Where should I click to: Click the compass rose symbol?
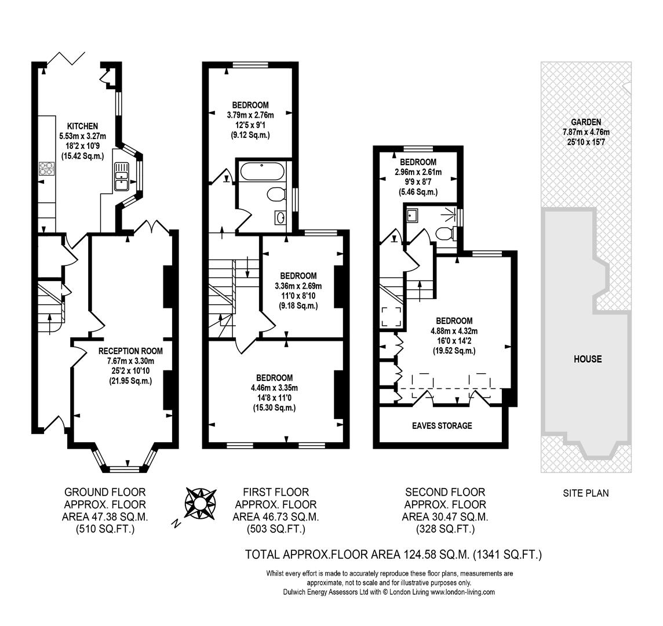(x=200, y=503)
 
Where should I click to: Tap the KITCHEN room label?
(x=82, y=126)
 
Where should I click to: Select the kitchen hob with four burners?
(x=47, y=169)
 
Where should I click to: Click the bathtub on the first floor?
(x=262, y=171)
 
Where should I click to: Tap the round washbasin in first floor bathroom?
(x=280, y=218)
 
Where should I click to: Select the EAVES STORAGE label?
(x=442, y=425)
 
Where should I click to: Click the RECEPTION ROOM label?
(x=130, y=351)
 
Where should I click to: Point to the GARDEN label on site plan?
(x=586, y=122)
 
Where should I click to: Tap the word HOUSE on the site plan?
(x=588, y=359)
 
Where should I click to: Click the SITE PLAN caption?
(x=586, y=493)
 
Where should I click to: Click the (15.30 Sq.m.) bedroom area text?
(x=275, y=407)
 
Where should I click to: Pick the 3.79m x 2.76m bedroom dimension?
(x=250, y=115)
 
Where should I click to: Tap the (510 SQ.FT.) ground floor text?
(x=105, y=529)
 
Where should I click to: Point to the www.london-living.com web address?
(x=462, y=592)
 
